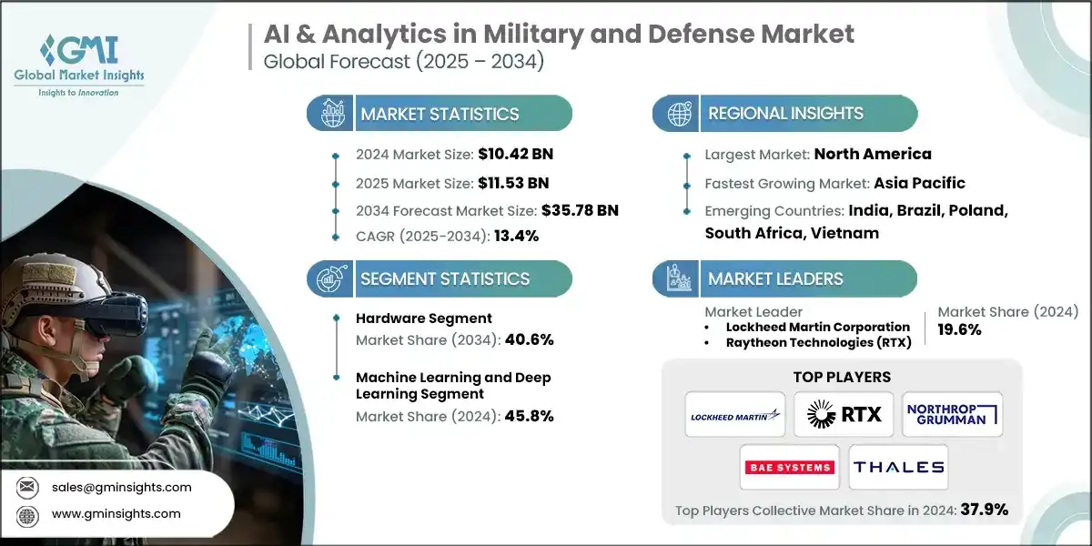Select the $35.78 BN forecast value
coord(580,210)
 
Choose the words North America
coord(872,154)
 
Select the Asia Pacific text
coord(919,182)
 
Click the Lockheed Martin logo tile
coord(735,415)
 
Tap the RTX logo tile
coord(844,415)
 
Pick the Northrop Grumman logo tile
coord(952,415)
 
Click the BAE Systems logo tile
coord(789,467)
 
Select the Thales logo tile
coord(898,467)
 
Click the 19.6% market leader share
coord(959,329)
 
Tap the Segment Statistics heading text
coord(445,278)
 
